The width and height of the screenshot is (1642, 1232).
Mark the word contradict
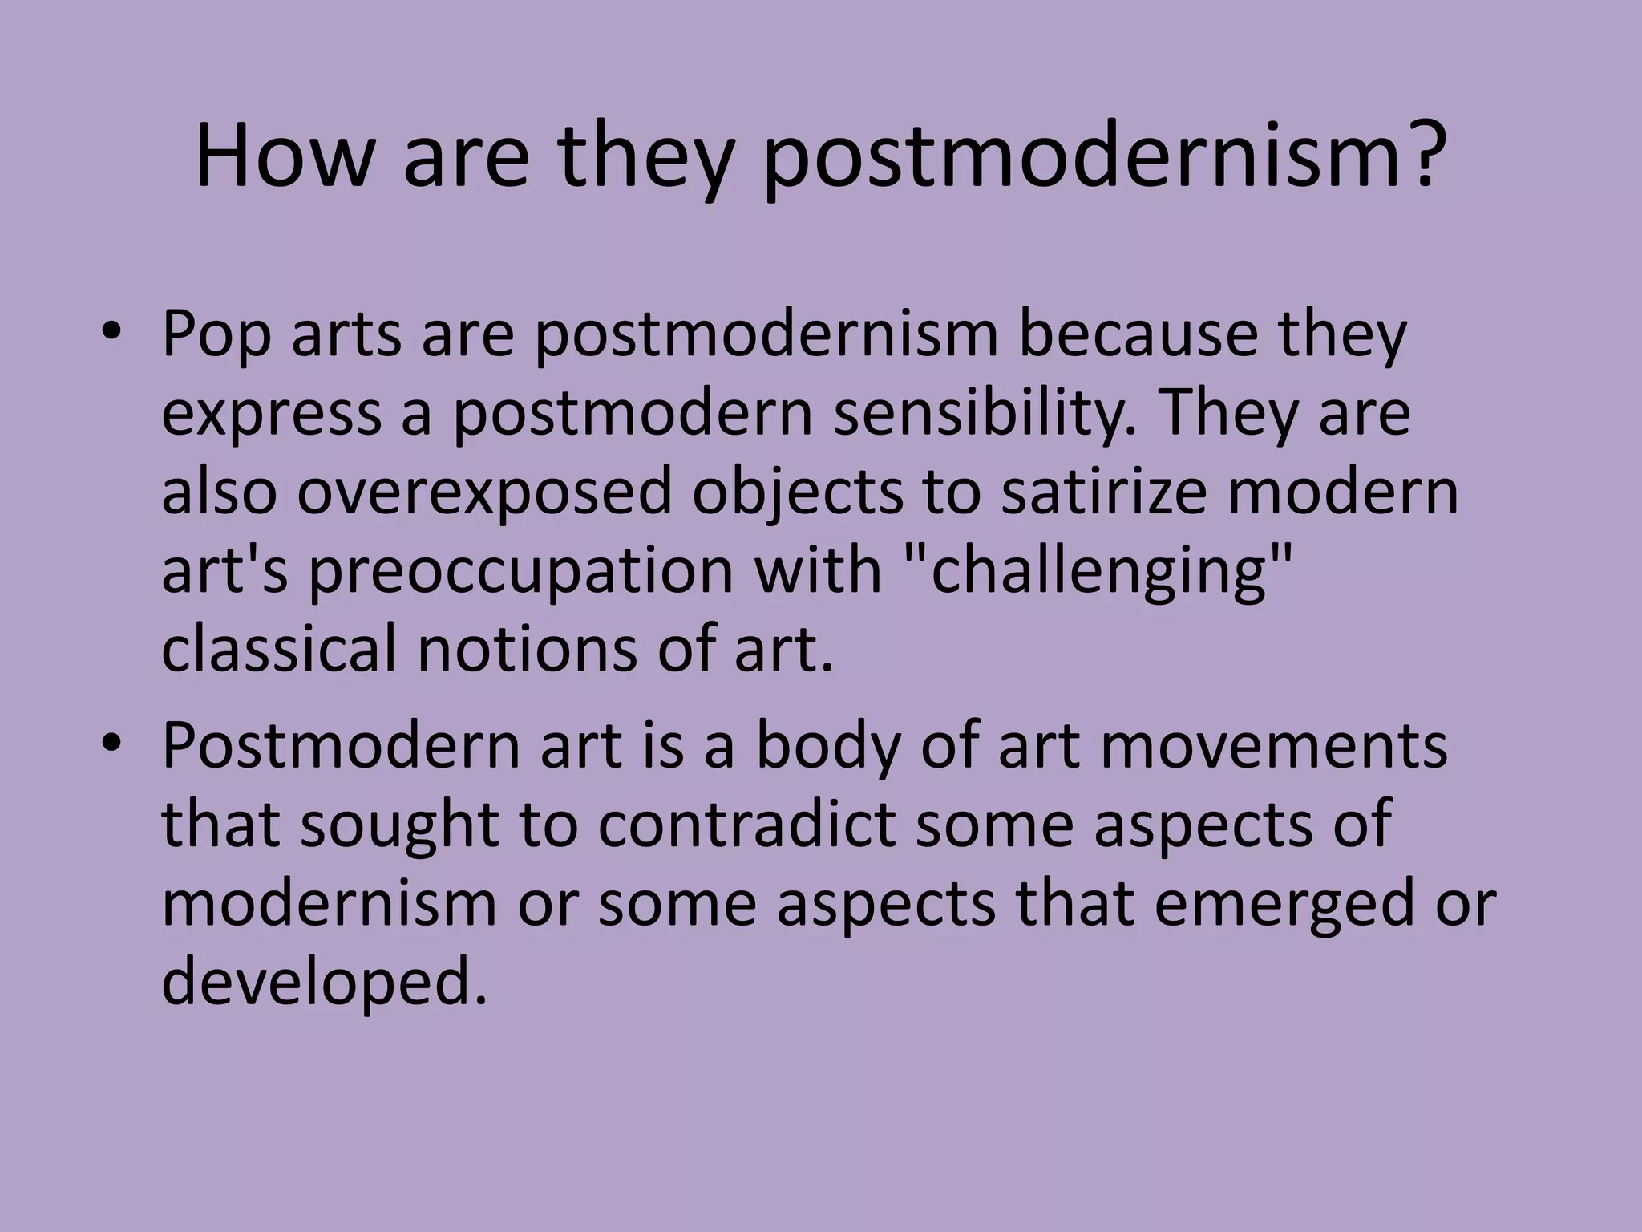tap(746, 825)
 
